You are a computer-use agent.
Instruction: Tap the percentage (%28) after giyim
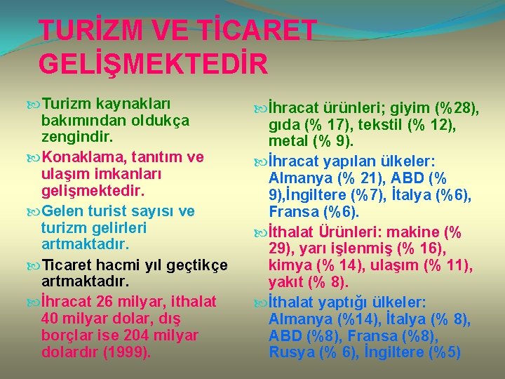tap(456, 109)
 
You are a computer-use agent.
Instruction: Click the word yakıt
tap(288, 283)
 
